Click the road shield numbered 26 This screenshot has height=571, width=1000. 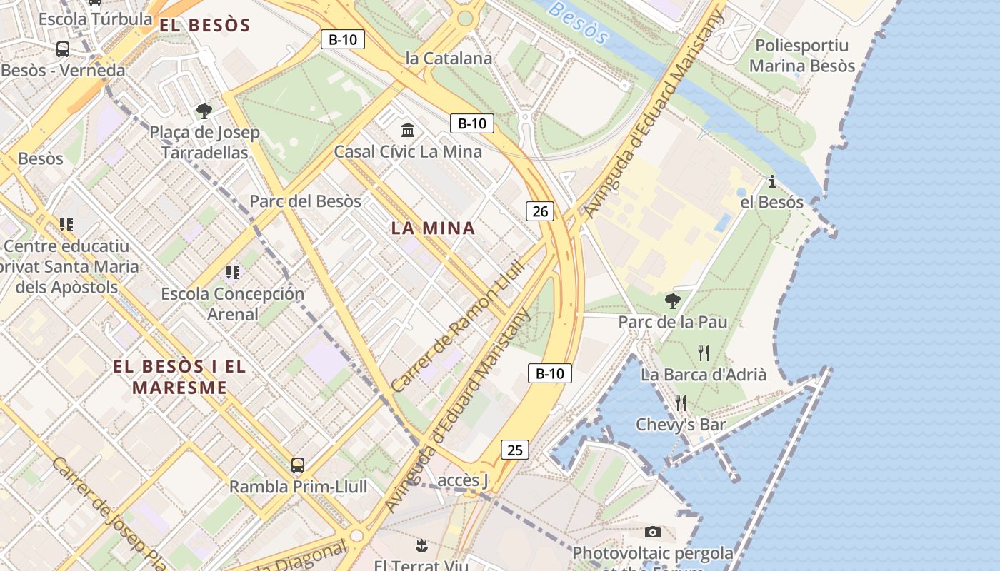point(540,211)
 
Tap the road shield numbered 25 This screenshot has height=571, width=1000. point(515,450)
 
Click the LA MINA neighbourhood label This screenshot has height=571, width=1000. point(433,228)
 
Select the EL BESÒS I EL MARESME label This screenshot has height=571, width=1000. point(179,378)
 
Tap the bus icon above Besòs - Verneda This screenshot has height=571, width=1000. point(63,49)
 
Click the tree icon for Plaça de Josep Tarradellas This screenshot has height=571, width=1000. point(204,111)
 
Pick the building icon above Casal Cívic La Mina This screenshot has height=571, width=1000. point(408,130)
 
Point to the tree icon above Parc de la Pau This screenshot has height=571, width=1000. point(672,300)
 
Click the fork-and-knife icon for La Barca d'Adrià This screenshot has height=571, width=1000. point(704,353)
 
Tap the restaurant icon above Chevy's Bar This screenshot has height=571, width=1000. point(681,403)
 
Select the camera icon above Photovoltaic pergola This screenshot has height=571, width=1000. point(652,532)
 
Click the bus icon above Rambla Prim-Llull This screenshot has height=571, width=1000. point(298,465)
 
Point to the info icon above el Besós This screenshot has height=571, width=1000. point(771,181)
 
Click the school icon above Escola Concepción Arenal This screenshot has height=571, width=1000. point(232,272)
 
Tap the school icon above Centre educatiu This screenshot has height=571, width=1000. point(66,225)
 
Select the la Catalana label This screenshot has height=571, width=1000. point(449,59)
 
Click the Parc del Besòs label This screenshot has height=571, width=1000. point(305,201)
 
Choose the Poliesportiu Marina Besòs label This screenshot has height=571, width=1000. point(801,56)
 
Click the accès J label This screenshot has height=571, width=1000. point(462,480)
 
